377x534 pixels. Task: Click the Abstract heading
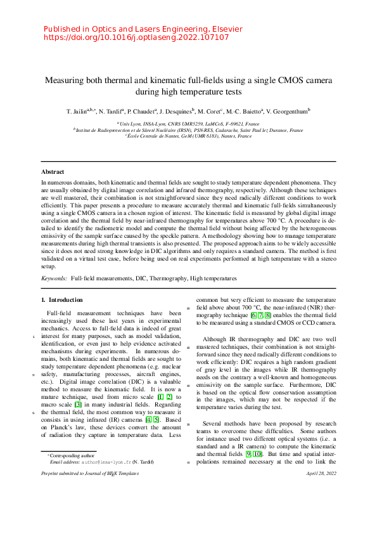click(53, 172)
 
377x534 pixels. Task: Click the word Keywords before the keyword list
click(53, 278)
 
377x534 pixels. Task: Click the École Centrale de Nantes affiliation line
click(189, 136)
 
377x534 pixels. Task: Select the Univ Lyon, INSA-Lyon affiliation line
click(189, 124)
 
